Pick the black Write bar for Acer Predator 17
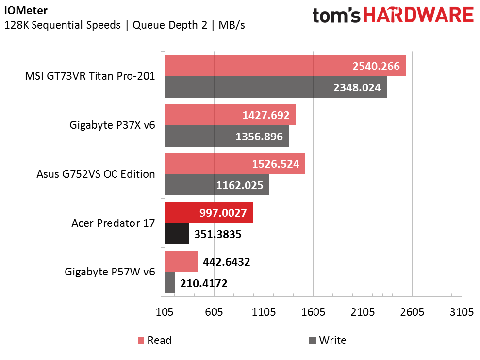point(177,234)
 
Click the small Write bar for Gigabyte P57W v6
point(170,283)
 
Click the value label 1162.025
point(240,185)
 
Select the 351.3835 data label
point(218,234)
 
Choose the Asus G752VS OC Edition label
point(96,174)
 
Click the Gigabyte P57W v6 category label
point(110,272)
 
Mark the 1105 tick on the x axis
point(264,312)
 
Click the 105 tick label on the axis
point(165,312)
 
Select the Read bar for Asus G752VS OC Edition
point(235,164)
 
